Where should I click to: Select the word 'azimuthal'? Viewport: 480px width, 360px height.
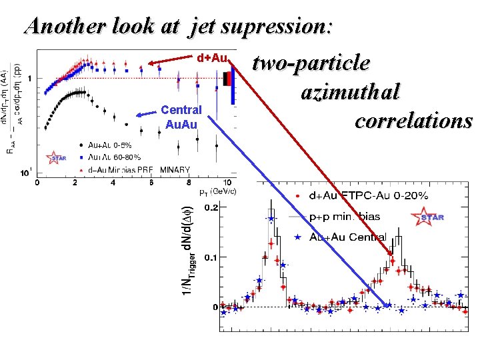click(350, 91)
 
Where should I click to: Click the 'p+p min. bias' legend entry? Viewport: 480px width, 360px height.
click(344, 217)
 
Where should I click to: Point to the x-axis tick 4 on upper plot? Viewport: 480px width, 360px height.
click(113, 183)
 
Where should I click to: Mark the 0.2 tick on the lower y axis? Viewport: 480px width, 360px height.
click(210, 207)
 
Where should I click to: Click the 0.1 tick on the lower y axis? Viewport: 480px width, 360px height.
click(210, 257)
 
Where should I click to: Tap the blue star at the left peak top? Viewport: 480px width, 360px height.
click(271, 218)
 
